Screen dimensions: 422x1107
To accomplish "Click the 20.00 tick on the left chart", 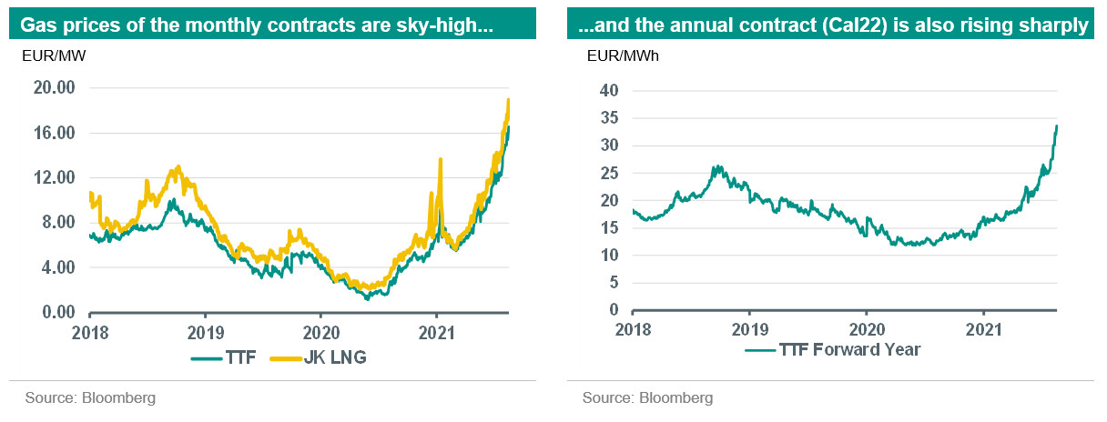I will [x=53, y=88].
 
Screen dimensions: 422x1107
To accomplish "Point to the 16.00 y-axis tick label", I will [x=53, y=133].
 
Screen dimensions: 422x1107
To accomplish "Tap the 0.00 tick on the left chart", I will [x=56, y=313].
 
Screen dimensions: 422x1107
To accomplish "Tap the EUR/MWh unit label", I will [x=624, y=56].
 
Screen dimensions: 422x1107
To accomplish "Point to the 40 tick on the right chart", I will [x=609, y=90].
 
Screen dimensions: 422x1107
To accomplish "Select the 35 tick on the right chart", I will [x=609, y=117].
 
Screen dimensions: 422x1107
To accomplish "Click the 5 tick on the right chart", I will [x=613, y=283].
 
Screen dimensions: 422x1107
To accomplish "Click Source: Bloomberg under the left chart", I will [x=91, y=397].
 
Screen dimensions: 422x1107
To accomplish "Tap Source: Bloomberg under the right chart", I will [x=647, y=397].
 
